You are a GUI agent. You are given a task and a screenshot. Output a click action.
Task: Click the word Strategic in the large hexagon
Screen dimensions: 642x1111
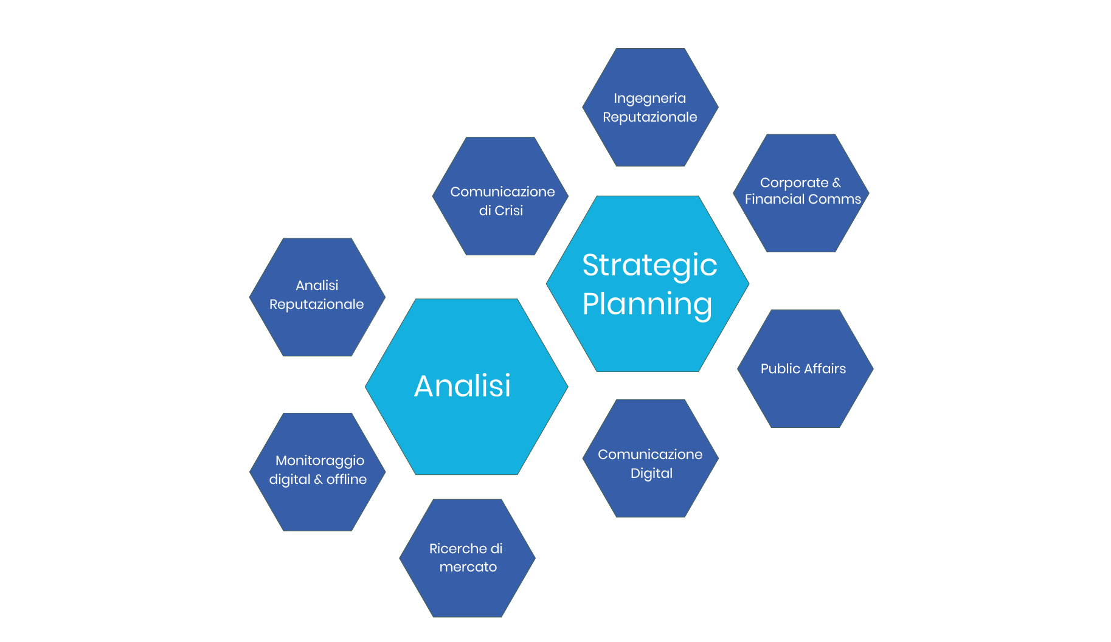[649, 266]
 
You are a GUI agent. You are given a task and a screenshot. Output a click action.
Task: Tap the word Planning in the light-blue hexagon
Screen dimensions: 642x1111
[647, 305]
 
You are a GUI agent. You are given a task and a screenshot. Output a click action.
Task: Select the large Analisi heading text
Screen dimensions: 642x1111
[462, 386]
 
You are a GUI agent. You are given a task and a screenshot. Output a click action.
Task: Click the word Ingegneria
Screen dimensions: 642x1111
[649, 98]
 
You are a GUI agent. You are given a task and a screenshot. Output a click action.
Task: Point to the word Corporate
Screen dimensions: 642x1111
[794, 183]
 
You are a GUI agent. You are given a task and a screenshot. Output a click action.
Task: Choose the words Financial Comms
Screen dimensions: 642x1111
[803, 199]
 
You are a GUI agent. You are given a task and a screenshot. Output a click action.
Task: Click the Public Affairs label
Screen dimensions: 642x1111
[803, 369]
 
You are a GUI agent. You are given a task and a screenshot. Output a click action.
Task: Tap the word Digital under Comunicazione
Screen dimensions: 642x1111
[651, 474]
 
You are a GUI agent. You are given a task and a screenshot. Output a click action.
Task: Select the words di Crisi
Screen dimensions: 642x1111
[500, 211]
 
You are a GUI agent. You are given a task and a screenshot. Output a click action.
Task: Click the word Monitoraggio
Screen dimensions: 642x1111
[320, 461]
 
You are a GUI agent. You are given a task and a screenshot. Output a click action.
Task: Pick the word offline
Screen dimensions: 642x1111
[347, 480]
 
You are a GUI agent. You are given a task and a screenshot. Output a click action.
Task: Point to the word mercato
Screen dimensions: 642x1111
[468, 567]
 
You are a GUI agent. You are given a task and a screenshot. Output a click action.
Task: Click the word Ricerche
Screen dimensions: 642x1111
[453, 549]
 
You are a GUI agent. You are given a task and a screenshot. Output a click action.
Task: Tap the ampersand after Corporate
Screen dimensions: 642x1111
[837, 183]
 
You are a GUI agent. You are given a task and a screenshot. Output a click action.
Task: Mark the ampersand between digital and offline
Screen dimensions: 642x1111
[318, 480]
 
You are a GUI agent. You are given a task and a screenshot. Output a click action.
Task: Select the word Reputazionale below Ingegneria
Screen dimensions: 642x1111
[649, 117]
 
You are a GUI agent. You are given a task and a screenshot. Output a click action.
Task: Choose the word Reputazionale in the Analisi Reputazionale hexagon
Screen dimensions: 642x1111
[316, 305]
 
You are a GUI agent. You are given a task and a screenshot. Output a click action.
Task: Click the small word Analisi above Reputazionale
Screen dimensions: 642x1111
[317, 286]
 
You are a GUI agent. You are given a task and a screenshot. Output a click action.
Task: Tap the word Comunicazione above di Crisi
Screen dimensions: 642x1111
[502, 192]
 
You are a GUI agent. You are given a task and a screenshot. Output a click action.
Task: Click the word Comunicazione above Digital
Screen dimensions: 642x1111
[650, 455]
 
